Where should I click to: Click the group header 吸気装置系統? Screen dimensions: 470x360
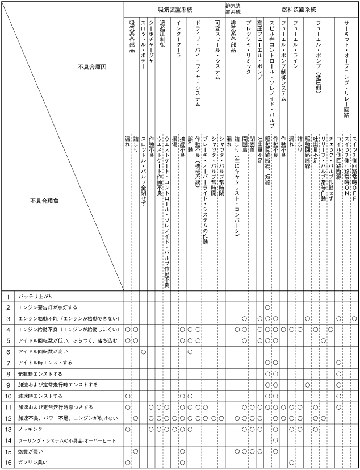(174, 10)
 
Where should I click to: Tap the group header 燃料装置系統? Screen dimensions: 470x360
(299, 10)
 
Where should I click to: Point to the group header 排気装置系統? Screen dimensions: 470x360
(233, 10)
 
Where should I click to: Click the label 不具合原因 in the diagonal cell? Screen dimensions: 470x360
(92, 66)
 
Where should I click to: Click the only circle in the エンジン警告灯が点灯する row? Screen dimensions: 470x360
(267, 307)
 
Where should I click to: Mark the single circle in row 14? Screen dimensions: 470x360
(275, 440)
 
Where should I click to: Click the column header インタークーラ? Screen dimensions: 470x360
(179, 43)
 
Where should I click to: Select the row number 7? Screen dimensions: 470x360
(9, 363)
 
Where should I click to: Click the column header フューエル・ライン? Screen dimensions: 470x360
(295, 43)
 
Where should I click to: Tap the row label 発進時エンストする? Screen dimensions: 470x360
(40, 374)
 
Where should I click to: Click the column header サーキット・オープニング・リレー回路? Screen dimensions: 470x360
(346, 68)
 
